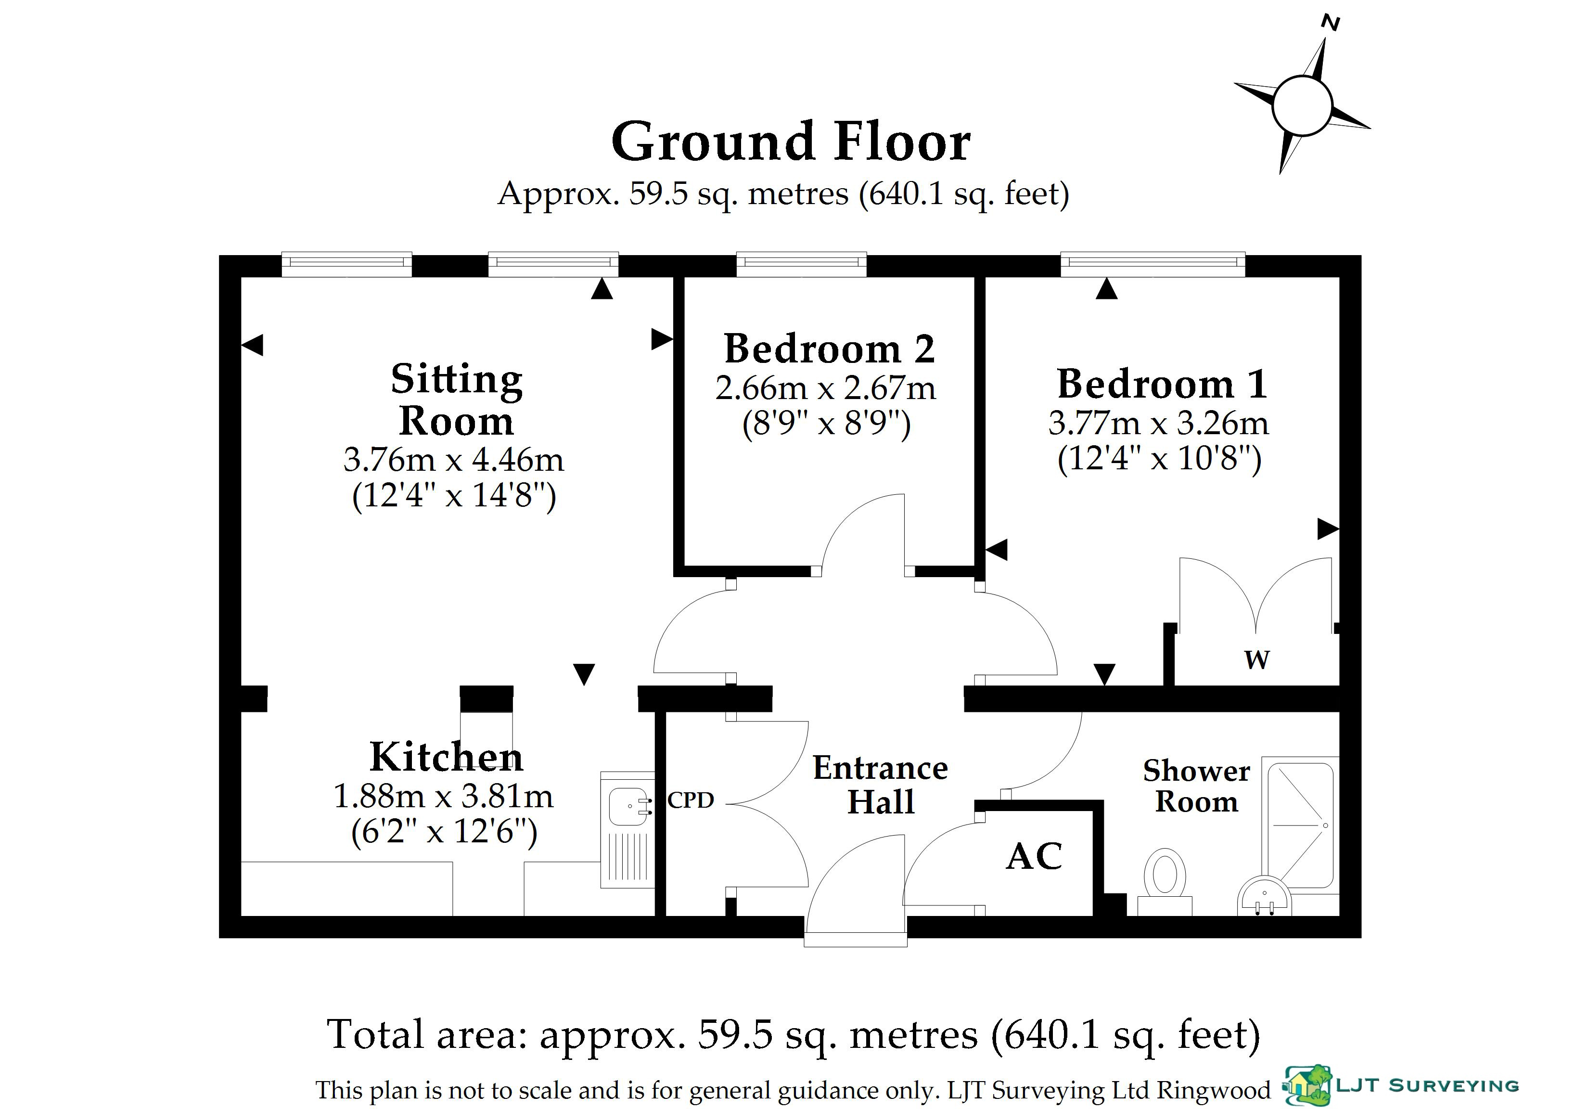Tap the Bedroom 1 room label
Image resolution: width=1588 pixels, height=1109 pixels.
coord(1162,384)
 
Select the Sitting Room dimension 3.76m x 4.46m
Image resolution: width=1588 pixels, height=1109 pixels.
coord(454,460)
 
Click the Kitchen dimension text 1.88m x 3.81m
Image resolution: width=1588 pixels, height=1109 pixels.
coord(443,796)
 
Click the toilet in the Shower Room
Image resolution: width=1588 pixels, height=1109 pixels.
coord(1165,881)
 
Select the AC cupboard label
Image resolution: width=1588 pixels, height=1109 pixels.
coord(1034,856)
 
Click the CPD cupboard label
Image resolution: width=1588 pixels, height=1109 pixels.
coord(690,800)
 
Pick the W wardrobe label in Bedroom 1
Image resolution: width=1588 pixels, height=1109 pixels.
coord(1257,660)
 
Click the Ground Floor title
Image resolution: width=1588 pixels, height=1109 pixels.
coord(791,142)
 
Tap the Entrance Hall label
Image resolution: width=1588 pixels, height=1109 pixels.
coord(881,785)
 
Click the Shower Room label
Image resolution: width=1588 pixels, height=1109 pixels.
coord(1196,786)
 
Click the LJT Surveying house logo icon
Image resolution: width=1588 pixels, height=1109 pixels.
coord(1307,1085)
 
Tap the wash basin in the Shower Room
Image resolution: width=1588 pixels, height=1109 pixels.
coord(1264,897)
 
